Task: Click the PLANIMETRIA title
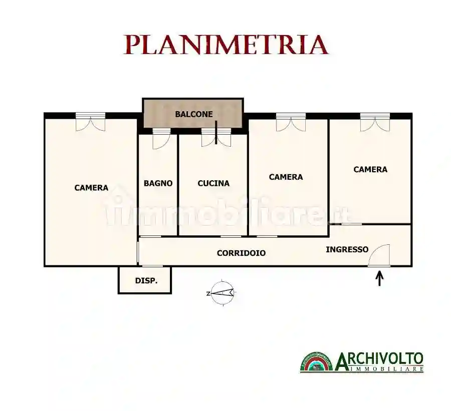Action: coord(226,45)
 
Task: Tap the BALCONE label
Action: coord(193,114)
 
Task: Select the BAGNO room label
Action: coord(158,183)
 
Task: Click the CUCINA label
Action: coord(213,183)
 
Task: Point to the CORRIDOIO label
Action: coord(241,253)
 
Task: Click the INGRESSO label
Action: coord(347,249)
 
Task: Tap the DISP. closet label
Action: coord(146,281)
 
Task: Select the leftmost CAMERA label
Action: coord(91,188)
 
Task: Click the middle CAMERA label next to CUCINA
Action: coord(286,177)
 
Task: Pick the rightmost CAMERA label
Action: coord(370,170)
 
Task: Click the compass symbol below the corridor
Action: coord(222,293)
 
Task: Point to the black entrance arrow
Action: coord(379,277)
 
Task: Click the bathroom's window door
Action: coord(161,138)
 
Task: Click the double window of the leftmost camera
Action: coord(91,122)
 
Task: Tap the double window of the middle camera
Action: coord(291,123)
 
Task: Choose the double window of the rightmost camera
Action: coord(375,123)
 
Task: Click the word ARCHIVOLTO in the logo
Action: coord(379,359)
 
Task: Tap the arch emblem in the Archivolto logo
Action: coord(316,362)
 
